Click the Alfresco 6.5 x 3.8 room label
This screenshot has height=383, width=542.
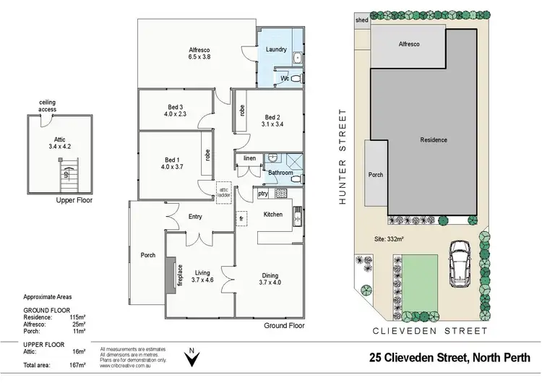click(198, 52)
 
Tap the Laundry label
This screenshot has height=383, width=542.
click(276, 50)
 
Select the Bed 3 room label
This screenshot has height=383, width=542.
click(175, 109)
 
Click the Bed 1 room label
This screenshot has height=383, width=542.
click(173, 163)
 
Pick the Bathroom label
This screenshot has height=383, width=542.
click(280, 173)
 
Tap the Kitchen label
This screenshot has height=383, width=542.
click(272, 214)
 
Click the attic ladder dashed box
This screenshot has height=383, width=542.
click(225, 190)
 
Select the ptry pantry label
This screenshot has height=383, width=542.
click(262, 193)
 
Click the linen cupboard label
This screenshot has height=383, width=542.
click(249, 158)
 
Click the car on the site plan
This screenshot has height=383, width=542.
click(460, 264)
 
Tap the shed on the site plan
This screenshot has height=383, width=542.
click(361, 21)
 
